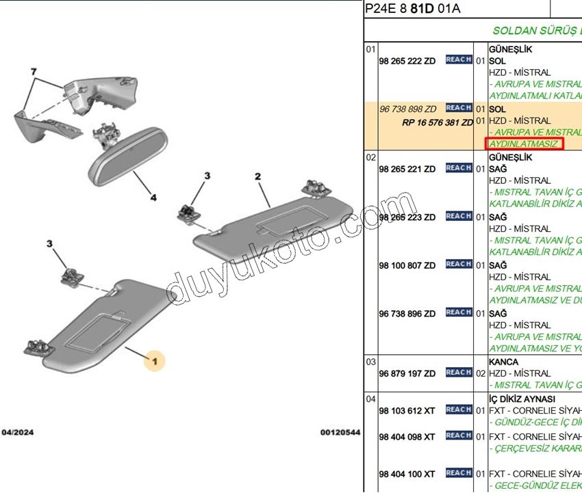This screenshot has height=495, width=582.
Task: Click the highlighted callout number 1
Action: tap(155, 360)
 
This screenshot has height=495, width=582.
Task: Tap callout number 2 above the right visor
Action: tap(258, 177)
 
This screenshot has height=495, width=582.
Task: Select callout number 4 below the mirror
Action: tap(153, 198)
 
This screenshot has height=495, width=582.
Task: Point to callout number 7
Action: tap(32, 72)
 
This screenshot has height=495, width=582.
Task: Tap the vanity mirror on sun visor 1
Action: tap(99, 327)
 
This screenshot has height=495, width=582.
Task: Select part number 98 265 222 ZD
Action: tap(407, 61)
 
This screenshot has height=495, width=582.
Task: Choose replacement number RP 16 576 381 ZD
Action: tap(438, 122)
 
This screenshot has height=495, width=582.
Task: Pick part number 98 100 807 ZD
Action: tap(407, 265)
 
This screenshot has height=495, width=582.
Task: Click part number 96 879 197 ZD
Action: tap(407, 373)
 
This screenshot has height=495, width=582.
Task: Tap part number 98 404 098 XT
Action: tap(407, 436)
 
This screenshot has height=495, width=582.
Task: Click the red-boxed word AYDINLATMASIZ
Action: tap(524, 144)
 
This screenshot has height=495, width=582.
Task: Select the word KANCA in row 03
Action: tap(503, 362)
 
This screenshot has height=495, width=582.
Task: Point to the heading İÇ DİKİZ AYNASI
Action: tap(522, 399)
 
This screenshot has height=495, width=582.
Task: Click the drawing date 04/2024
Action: tap(18, 433)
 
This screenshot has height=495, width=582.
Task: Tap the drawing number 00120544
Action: tap(340, 433)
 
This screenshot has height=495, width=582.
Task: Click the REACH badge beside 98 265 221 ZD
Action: tap(458, 168)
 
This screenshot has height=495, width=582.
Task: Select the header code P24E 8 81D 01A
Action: tap(413, 9)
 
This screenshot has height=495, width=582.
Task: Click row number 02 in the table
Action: tap(370, 157)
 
